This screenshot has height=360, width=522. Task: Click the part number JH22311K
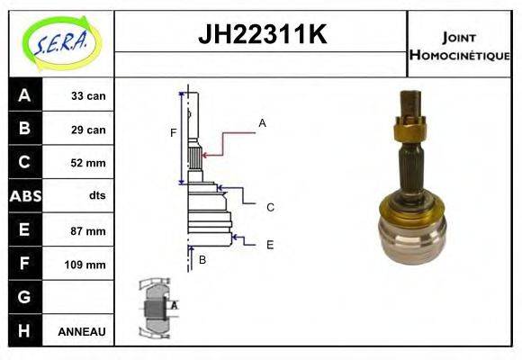(261, 35)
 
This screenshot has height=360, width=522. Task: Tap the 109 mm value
(86, 265)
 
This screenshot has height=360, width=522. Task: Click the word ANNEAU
(82, 331)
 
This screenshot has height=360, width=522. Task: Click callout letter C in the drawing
(270, 207)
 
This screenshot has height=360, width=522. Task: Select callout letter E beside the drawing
(270, 244)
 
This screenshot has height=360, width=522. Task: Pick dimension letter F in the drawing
(174, 133)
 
